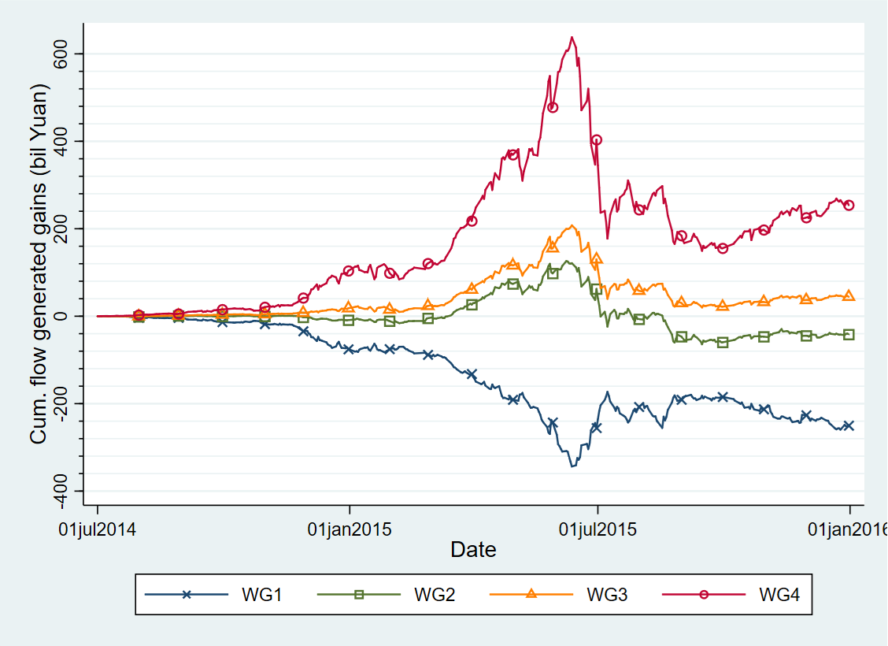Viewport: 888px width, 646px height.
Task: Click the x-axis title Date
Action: click(473, 549)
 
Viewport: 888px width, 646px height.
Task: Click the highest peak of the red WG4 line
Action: click(572, 37)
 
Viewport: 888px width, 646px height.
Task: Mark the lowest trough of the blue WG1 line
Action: click(572, 466)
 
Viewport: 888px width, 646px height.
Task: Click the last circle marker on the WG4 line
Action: click(849, 205)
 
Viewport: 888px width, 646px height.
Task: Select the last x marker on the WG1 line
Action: click(849, 425)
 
